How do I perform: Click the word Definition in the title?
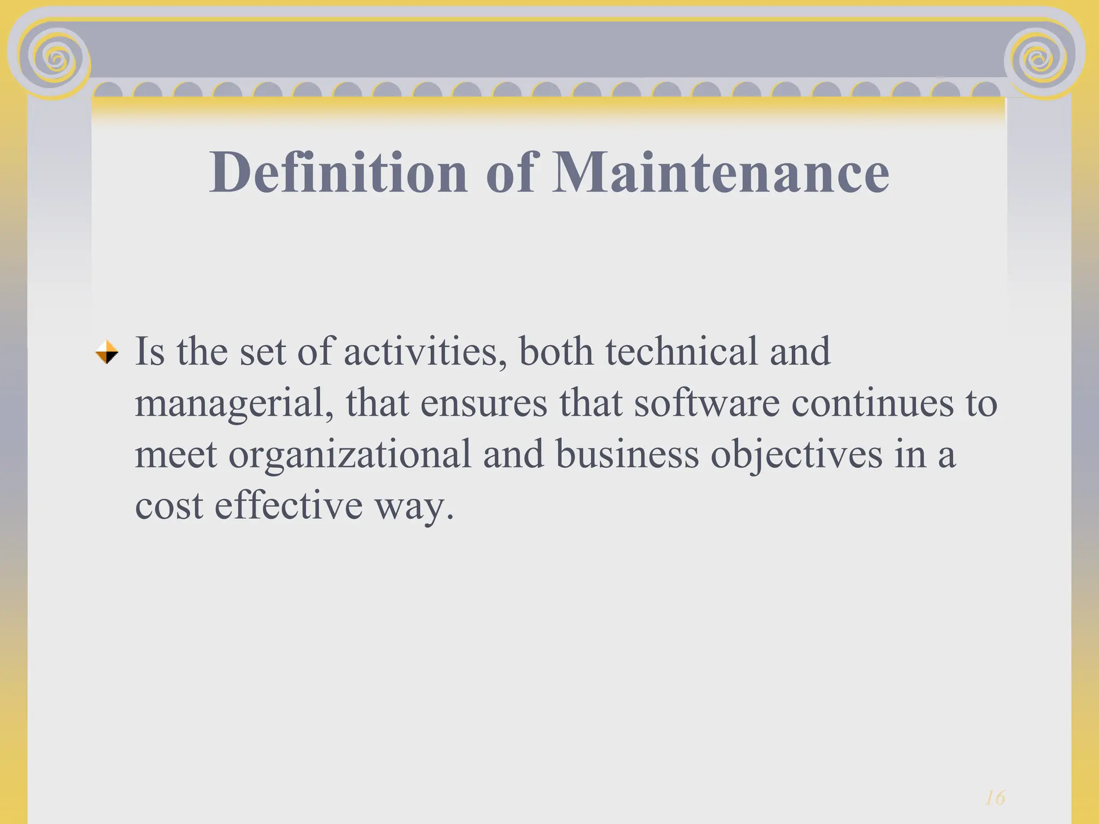[x=338, y=172]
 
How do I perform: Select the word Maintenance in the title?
[x=720, y=172]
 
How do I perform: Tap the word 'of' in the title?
[x=510, y=172]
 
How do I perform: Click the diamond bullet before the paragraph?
[x=107, y=352]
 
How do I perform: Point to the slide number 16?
[x=995, y=798]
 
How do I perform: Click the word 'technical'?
[x=682, y=352]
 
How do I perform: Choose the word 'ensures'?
[x=483, y=403]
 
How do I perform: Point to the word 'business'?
[x=627, y=454]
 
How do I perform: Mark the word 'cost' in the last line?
[x=168, y=505]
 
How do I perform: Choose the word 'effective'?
[x=289, y=505]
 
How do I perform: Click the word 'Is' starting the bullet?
[x=149, y=352]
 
